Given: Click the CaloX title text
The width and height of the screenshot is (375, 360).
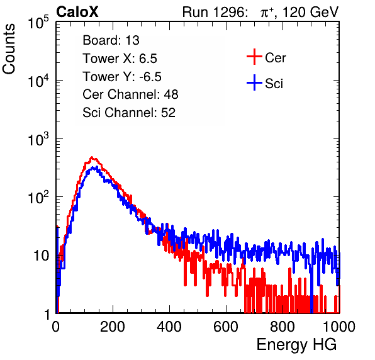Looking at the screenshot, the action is click(x=77, y=12).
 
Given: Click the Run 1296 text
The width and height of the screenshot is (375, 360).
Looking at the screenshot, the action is click(x=215, y=12).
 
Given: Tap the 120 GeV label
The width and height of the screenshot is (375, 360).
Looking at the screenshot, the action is click(x=310, y=12).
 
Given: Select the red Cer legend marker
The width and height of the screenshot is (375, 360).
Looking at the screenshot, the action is click(x=254, y=57).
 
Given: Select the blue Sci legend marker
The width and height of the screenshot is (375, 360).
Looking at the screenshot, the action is click(x=254, y=82).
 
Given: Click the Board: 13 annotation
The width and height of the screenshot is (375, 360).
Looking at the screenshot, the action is click(x=111, y=40).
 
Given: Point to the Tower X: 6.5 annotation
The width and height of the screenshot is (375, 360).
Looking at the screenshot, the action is click(x=120, y=59).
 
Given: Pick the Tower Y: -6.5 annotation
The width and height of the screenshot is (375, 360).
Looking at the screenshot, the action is click(x=122, y=77).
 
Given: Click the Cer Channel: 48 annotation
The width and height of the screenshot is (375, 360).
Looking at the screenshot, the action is click(x=130, y=94).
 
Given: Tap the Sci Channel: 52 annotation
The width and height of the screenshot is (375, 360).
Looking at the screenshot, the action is click(x=129, y=113).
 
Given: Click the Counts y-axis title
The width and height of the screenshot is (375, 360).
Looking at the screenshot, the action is click(x=9, y=49).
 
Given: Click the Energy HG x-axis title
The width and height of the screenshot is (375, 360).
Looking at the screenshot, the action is click(x=296, y=345).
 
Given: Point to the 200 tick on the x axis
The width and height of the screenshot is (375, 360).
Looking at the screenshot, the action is click(x=113, y=327).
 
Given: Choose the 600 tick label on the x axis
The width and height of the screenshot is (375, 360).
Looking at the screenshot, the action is click(x=226, y=327).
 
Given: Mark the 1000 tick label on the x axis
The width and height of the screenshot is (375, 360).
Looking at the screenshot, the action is click(x=339, y=327).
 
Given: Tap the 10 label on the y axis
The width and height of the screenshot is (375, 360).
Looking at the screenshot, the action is click(x=41, y=256).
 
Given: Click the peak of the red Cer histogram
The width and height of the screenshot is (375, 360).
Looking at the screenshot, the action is click(x=92, y=157).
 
